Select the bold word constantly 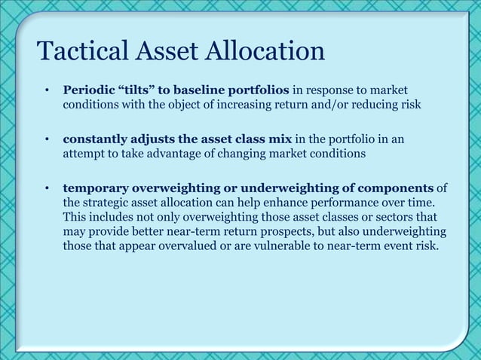coord(94,139)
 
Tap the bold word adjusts coord(155,139)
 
